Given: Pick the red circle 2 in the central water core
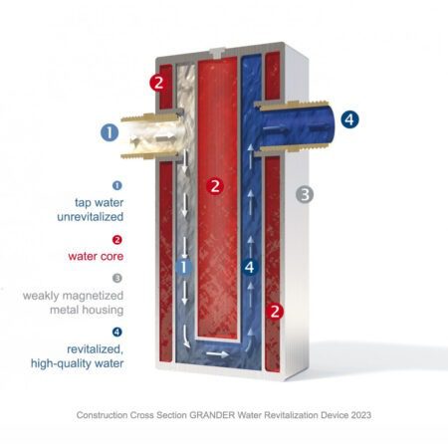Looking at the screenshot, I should (216, 185).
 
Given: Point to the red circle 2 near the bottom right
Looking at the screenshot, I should (277, 312).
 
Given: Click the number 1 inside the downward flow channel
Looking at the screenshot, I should (181, 266).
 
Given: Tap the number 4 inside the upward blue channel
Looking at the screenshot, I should (250, 266).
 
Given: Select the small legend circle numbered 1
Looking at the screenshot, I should (116, 184).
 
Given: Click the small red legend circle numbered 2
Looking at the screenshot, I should (116, 239).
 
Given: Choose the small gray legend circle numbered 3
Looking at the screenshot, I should (116, 278).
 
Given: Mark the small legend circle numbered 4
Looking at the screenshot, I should (116, 333).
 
